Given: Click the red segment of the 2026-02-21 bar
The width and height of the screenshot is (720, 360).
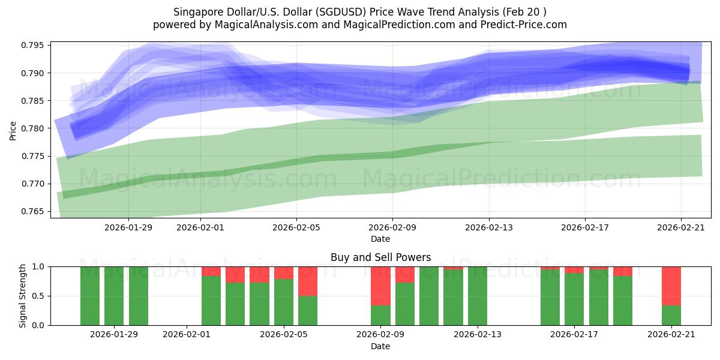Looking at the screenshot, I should (671, 286).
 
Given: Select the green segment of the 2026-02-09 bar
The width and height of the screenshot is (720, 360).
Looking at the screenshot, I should (380, 315).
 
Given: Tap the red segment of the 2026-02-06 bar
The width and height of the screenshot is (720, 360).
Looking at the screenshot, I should (308, 281).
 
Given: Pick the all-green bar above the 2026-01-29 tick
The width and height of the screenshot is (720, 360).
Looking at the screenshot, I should (114, 296).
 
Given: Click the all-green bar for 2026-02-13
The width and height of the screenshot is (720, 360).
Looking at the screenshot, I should (478, 296).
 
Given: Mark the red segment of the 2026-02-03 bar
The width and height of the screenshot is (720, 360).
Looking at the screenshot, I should (235, 274).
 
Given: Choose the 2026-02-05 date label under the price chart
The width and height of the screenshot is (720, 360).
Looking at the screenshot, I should (296, 227).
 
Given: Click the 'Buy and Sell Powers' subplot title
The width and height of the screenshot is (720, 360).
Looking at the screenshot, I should (380, 257).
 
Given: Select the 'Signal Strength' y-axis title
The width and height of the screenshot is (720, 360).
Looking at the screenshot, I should (23, 296).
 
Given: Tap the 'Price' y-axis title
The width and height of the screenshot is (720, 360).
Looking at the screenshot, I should (13, 130).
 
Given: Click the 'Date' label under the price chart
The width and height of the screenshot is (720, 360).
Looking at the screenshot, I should (380, 239).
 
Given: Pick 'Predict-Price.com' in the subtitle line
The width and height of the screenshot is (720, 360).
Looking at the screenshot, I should (527, 25).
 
